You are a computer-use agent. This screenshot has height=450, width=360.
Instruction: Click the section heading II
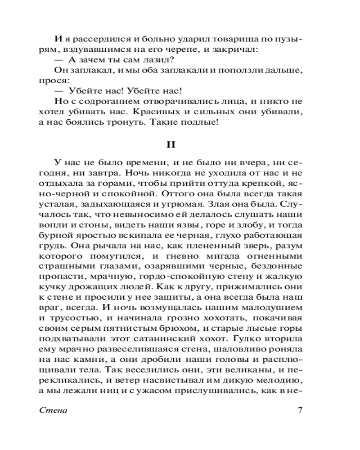pyautogui.click(x=180, y=145)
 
